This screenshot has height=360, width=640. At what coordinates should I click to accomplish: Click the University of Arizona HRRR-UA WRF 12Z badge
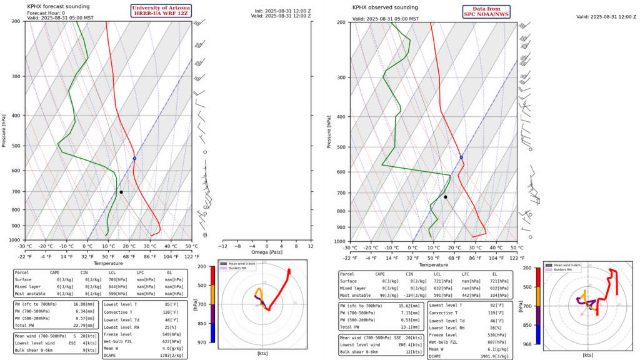(160, 10)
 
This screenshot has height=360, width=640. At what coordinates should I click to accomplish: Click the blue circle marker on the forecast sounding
(134, 159)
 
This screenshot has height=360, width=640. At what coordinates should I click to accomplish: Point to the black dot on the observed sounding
(446, 197)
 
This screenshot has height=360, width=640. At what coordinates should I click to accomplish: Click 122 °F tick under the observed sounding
(517, 257)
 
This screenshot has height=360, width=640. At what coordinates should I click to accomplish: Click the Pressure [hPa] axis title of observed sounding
(329, 132)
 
